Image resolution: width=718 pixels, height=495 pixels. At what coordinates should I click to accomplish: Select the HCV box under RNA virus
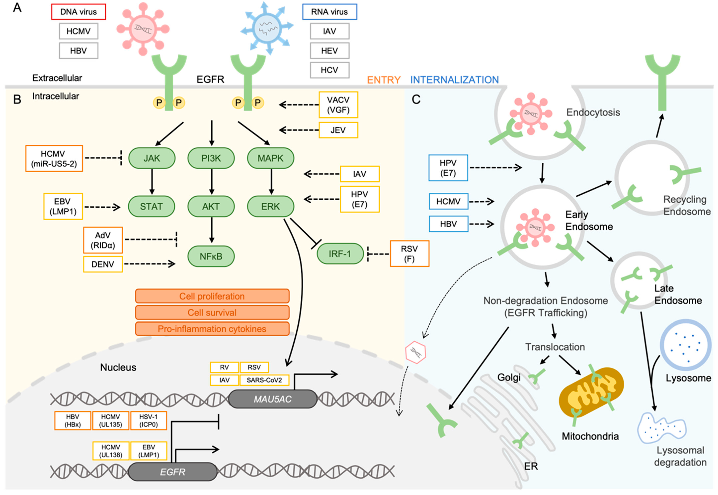coord(329,70)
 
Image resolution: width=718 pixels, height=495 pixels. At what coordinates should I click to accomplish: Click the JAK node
coord(152,158)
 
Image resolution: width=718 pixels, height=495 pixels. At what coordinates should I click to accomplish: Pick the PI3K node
coord(211,158)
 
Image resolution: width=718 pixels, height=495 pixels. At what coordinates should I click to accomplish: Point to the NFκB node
coord(211,256)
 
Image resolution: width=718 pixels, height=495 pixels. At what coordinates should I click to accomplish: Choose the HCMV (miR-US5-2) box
coord(54,158)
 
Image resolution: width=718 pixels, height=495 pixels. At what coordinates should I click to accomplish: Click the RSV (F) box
coord(409,254)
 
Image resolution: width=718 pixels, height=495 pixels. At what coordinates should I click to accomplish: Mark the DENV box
coord(103,264)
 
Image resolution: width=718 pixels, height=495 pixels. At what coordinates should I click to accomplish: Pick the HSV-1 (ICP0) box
coord(149,421)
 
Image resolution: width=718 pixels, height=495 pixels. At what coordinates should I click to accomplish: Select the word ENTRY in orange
coord(384,80)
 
